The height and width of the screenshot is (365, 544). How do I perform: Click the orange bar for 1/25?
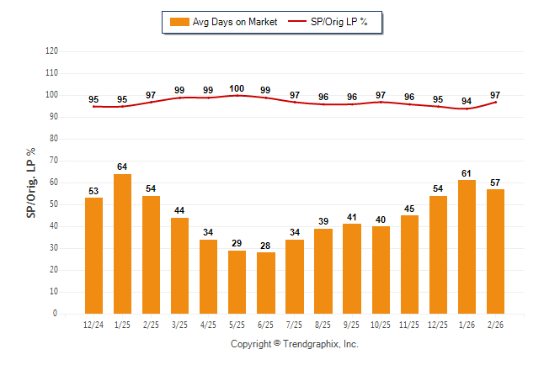click(x=122, y=244)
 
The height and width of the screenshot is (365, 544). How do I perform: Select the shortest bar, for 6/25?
click(x=266, y=283)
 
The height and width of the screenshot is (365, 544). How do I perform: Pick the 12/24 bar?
click(x=93, y=256)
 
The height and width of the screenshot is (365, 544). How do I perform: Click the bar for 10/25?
click(x=381, y=270)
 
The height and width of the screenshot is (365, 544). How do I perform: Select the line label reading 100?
click(x=237, y=88)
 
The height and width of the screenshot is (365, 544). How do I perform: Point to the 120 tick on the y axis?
click(x=51, y=50)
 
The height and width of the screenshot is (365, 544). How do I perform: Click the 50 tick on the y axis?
click(x=53, y=204)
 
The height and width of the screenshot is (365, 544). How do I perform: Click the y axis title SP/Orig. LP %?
click(x=31, y=182)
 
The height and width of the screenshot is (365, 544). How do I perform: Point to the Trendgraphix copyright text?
click(x=295, y=344)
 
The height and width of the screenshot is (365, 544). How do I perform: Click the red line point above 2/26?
click(x=495, y=103)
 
